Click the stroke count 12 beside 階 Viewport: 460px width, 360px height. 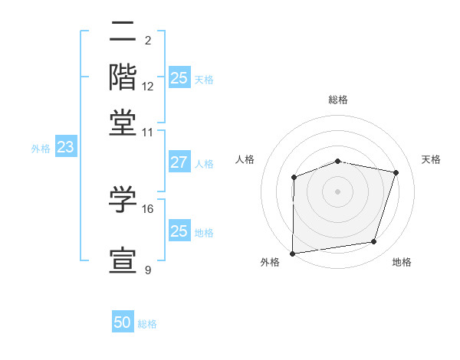pos(148,87)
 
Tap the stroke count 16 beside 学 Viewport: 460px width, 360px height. pos(148,208)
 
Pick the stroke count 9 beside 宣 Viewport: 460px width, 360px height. pos(148,270)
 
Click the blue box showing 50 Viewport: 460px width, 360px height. pos(123,322)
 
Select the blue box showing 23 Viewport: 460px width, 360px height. pos(65,148)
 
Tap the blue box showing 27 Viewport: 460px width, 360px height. pos(179,162)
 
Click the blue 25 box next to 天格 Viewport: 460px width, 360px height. pos(179,78)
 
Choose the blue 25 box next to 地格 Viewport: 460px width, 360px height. pos(179,231)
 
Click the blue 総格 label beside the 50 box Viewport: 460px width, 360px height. pos(147,324)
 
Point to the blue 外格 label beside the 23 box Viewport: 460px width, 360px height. pos(41,149)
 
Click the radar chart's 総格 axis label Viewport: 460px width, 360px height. pos(337,100)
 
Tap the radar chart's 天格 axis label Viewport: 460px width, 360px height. pos(431,159)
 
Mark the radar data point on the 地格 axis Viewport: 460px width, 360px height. pos(374,242)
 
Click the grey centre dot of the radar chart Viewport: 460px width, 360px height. pos(337,191)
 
